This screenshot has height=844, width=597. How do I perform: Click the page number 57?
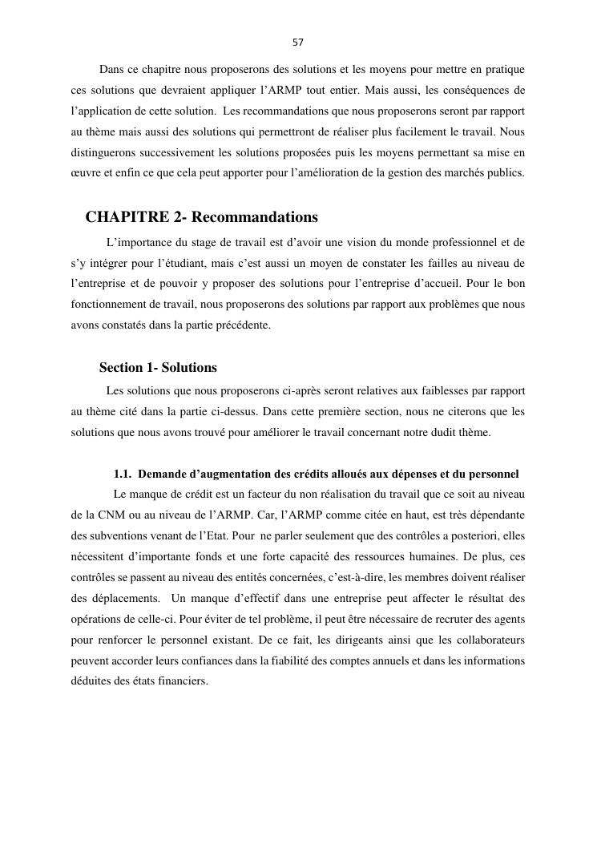pos(298,42)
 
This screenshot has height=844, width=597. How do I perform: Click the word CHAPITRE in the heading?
pos(123,217)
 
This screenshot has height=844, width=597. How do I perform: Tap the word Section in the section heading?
pos(121,368)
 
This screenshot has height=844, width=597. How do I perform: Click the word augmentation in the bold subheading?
pos(227,474)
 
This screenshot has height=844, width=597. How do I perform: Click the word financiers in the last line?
pos(180,681)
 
